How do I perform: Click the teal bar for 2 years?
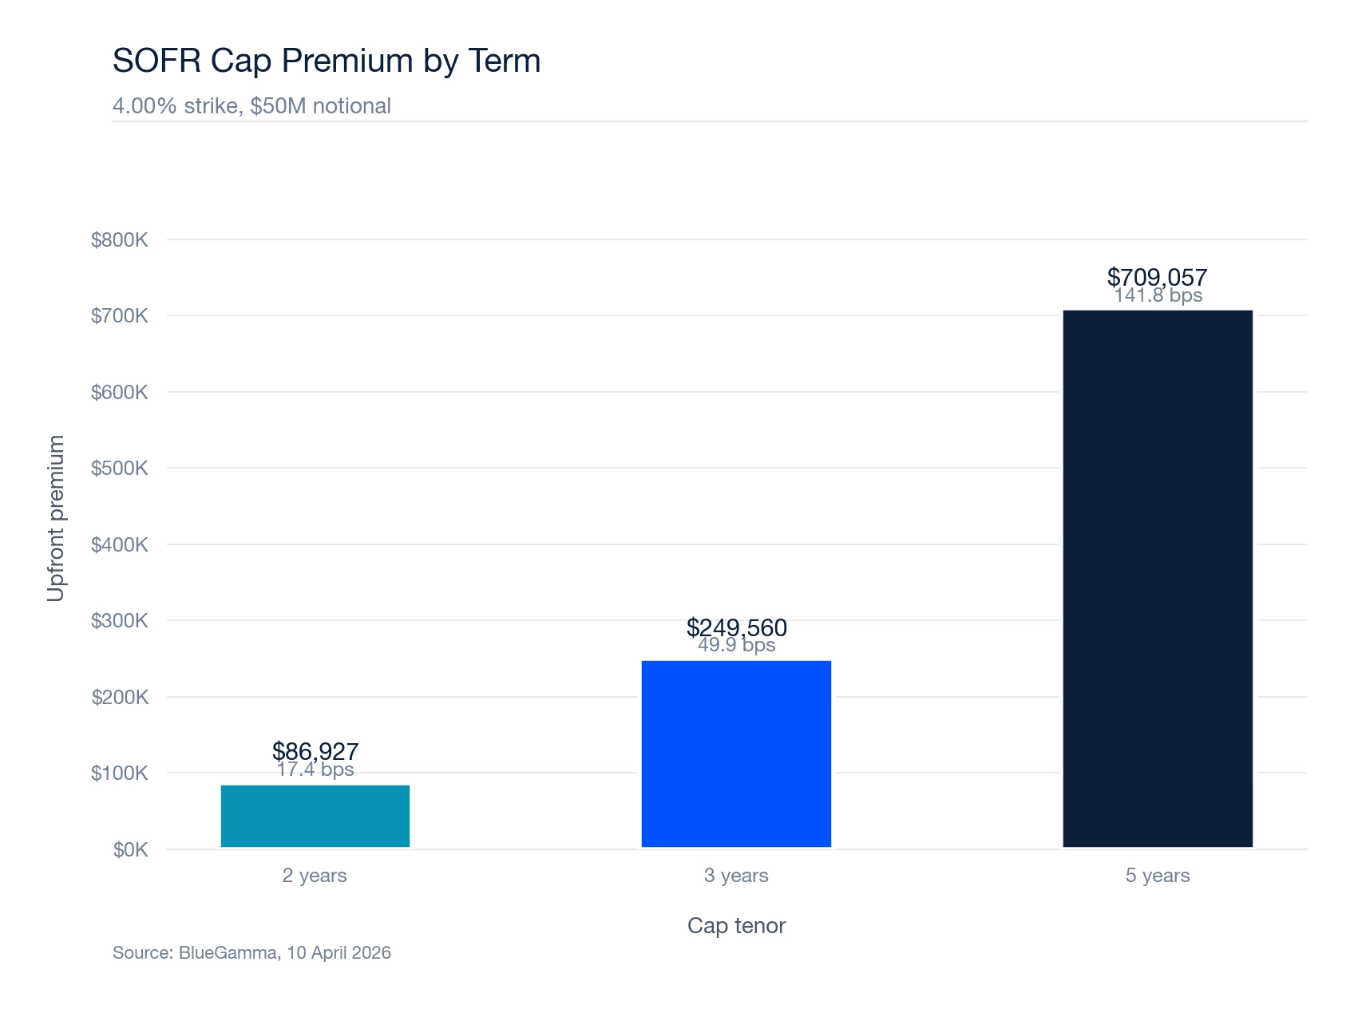pyautogui.click(x=315, y=816)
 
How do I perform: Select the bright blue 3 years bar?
pyautogui.click(x=736, y=754)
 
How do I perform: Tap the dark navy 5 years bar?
pyautogui.click(x=1158, y=578)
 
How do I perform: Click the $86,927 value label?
pyautogui.click(x=315, y=750)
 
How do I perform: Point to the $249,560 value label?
pyautogui.click(x=736, y=627)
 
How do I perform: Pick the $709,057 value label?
pyautogui.click(x=1157, y=276)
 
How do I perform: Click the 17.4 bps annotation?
pyautogui.click(x=315, y=770)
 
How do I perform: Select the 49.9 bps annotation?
pyautogui.click(x=736, y=646)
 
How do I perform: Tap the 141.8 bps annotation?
pyautogui.click(x=1158, y=296)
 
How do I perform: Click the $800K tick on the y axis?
pyautogui.click(x=120, y=239)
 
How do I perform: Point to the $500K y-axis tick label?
pyautogui.click(x=120, y=468)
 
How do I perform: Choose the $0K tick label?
pyautogui.click(x=131, y=849)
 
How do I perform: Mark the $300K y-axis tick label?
pyautogui.click(x=120, y=620)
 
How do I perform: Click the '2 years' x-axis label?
pyautogui.click(x=315, y=876)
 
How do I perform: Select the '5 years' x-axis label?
pyautogui.click(x=1158, y=876)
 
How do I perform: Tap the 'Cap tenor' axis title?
pyautogui.click(x=736, y=925)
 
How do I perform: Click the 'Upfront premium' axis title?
pyautogui.click(x=55, y=519)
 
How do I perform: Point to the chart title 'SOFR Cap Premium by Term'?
pyautogui.click(x=327, y=61)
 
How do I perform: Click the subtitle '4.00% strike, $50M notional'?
pyautogui.click(x=251, y=106)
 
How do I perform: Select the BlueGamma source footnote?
pyautogui.click(x=251, y=952)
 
